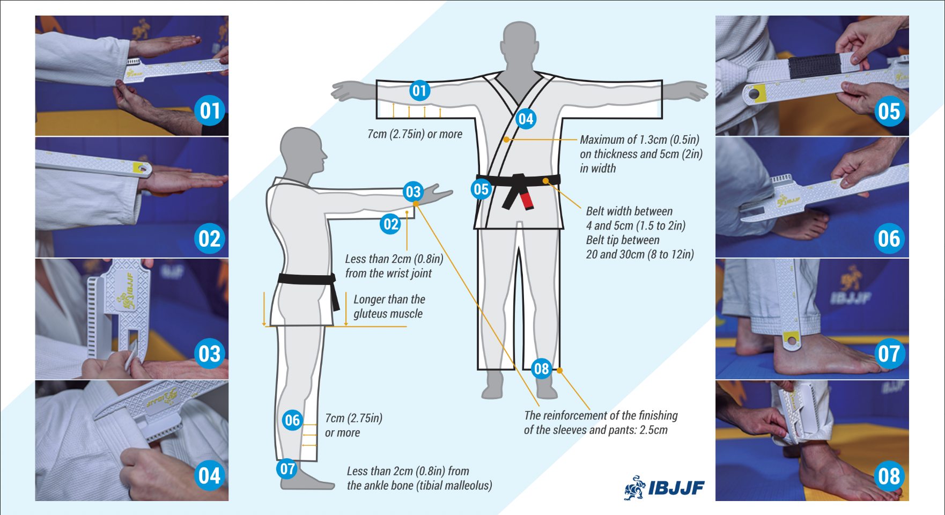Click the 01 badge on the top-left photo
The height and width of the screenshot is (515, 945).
[x=210, y=111]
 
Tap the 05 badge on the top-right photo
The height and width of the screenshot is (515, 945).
[x=889, y=111]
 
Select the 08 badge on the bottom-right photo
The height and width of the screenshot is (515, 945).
[x=889, y=476]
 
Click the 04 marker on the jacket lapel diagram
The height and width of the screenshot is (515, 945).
[x=526, y=119]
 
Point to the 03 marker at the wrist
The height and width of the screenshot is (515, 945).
[x=413, y=192]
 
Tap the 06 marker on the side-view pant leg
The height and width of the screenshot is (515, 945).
[x=292, y=420]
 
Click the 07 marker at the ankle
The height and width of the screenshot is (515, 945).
[x=287, y=469]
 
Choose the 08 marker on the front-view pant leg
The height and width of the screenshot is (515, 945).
[x=541, y=369]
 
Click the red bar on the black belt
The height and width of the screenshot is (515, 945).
[x=527, y=200]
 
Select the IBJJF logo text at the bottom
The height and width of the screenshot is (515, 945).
[x=676, y=488]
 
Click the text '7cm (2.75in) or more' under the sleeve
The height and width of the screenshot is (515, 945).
[x=415, y=134]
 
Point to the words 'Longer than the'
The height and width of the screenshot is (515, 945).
[x=389, y=299]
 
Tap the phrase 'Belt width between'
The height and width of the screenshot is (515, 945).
[x=629, y=211]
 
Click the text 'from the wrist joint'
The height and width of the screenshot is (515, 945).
[x=388, y=274]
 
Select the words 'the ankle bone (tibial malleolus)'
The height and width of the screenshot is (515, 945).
[x=419, y=485]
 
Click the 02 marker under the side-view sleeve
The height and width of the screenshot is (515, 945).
[x=391, y=224]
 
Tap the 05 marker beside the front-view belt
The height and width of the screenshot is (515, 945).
[x=481, y=189]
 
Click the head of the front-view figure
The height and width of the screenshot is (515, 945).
[x=519, y=44]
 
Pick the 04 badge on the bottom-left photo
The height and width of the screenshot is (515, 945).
[x=210, y=476]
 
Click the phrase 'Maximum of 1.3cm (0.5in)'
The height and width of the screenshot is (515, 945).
[x=640, y=139]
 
